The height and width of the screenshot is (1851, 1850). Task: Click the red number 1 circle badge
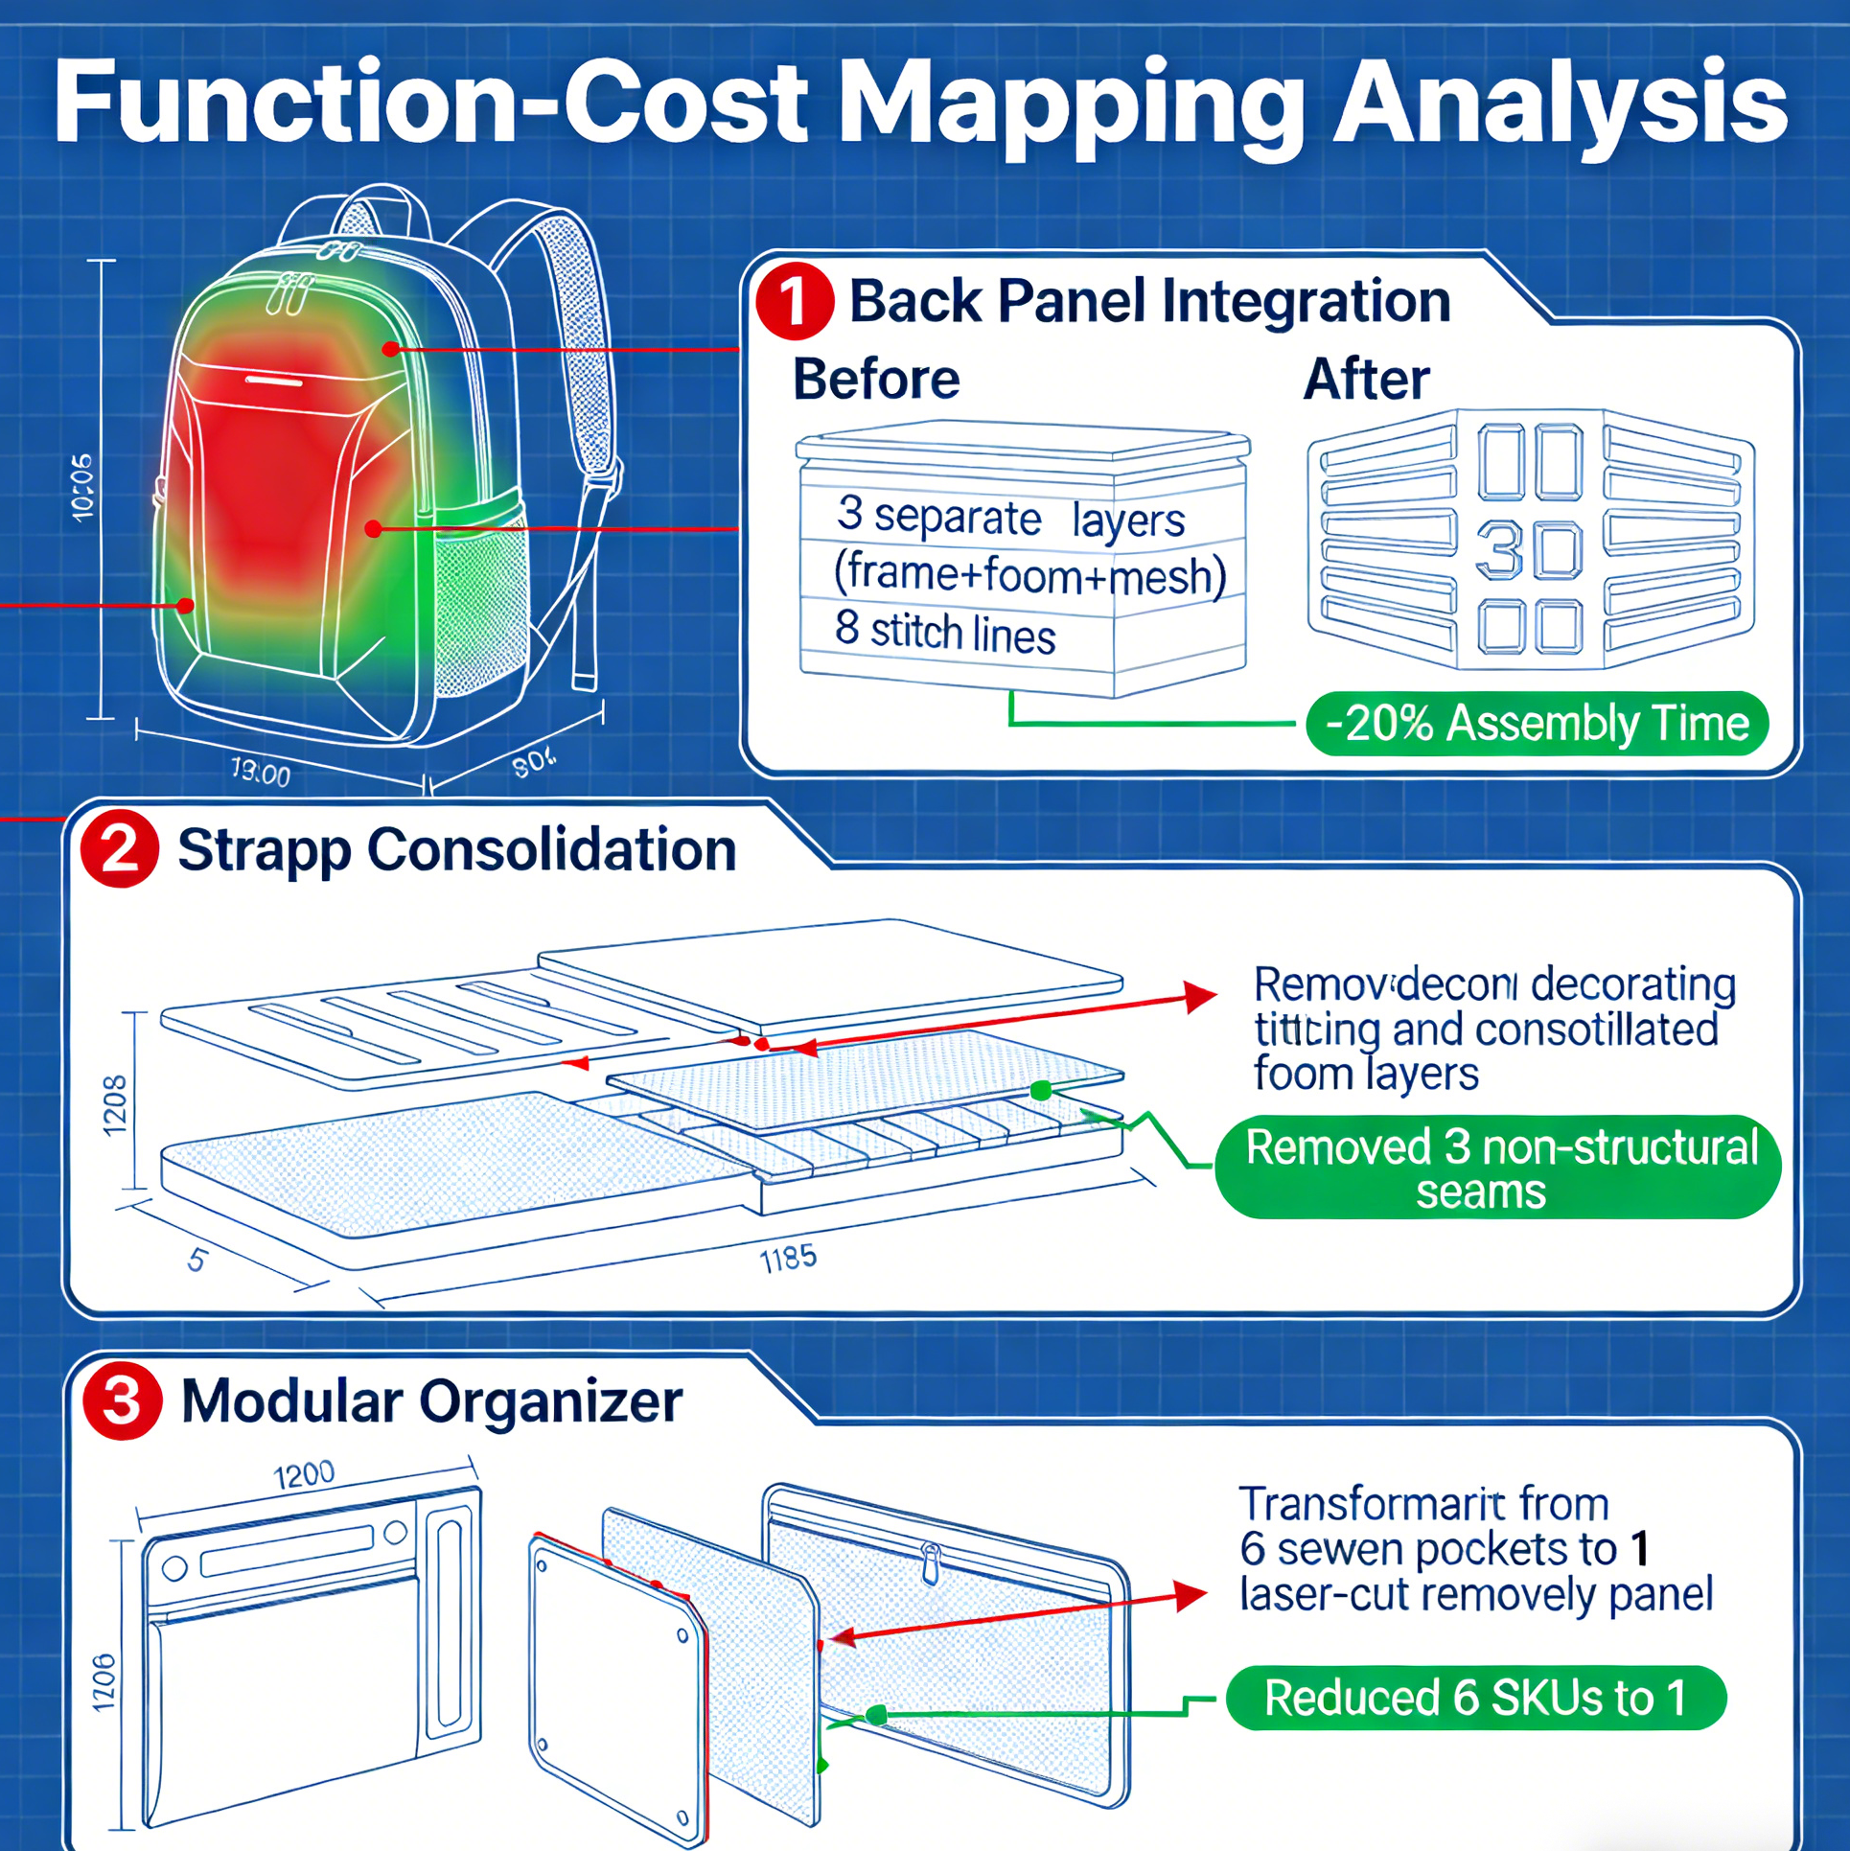click(x=794, y=301)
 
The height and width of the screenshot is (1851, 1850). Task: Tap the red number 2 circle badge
click(x=120, y=849)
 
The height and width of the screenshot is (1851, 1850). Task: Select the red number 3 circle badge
click(x=122, y=1401)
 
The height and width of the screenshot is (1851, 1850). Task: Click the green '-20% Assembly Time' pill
click(x=1537, y=724)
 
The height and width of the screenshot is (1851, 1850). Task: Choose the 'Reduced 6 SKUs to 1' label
click(x=1476, y=1699)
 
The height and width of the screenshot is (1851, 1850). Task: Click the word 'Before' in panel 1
click(x=876, y=380)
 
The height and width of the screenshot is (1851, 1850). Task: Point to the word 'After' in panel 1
click(x=1366, y=380)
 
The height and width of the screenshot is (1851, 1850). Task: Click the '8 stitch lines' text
click(x=945, y=632)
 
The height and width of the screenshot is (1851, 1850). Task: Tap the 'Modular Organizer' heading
click(x=431, y=1401)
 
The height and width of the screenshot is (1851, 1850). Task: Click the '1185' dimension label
click(x=788, y=1259)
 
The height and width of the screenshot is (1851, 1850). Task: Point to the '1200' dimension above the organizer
click(x=304, y=1474)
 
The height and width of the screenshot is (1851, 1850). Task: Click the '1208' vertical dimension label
click(x=115, y=1105)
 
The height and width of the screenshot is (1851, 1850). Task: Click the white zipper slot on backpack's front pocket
click(x=275, y=382)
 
